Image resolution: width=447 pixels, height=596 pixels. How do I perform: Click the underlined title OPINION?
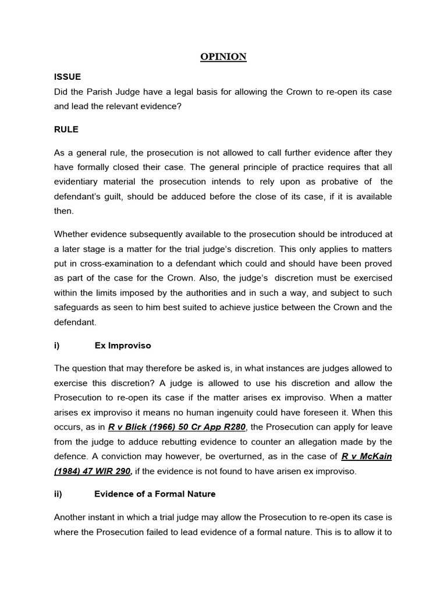(x=223, y=56)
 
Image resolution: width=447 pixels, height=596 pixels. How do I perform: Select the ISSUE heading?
(x=68, y=77)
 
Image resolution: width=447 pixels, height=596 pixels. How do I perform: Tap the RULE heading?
(x=66, y=129)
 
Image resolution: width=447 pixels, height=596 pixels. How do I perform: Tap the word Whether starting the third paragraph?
(x=73, y=234)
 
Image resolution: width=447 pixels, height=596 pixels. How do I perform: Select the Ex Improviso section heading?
(x=122, y=346)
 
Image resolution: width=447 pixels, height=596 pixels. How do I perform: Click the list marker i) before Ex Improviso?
(x=57, y=346)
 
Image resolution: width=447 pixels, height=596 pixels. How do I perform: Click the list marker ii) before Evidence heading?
(x=58, y=494)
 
